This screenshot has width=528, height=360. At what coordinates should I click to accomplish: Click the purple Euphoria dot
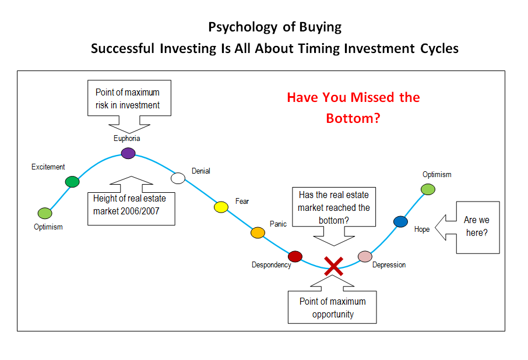click(128, 153)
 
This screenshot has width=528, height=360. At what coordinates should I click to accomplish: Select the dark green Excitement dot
click(72, 182)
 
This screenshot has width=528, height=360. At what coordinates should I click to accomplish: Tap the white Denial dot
click(178, 178)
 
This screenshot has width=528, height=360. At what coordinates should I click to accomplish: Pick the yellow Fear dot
click(221, 207)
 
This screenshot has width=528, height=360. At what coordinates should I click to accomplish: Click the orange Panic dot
click(258, 232)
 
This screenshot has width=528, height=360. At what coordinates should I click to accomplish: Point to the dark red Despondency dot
click(295, 256)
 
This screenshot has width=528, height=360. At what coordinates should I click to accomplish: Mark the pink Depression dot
click(365, 256)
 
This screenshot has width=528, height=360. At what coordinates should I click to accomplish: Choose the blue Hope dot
click(400, 222)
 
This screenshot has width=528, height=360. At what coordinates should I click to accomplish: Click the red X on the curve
click(333, 266)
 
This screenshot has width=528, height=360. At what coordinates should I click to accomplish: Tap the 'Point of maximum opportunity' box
click(332, 307)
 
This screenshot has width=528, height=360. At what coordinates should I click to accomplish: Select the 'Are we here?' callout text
click(477, 226)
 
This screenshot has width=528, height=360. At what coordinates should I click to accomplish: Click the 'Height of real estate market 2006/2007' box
click(131, 209)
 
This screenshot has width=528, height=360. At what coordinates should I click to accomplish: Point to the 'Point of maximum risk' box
click(129, 98)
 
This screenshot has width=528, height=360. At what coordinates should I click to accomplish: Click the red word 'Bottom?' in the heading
click(353, 118)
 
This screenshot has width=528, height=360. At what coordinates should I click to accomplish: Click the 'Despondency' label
click(272, 265)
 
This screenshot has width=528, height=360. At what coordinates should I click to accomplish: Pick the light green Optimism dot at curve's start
click(45, 213)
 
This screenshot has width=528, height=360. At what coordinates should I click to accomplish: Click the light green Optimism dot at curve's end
click(428, 189)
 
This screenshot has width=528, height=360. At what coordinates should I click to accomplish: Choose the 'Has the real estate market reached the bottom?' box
click(334, 207)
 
